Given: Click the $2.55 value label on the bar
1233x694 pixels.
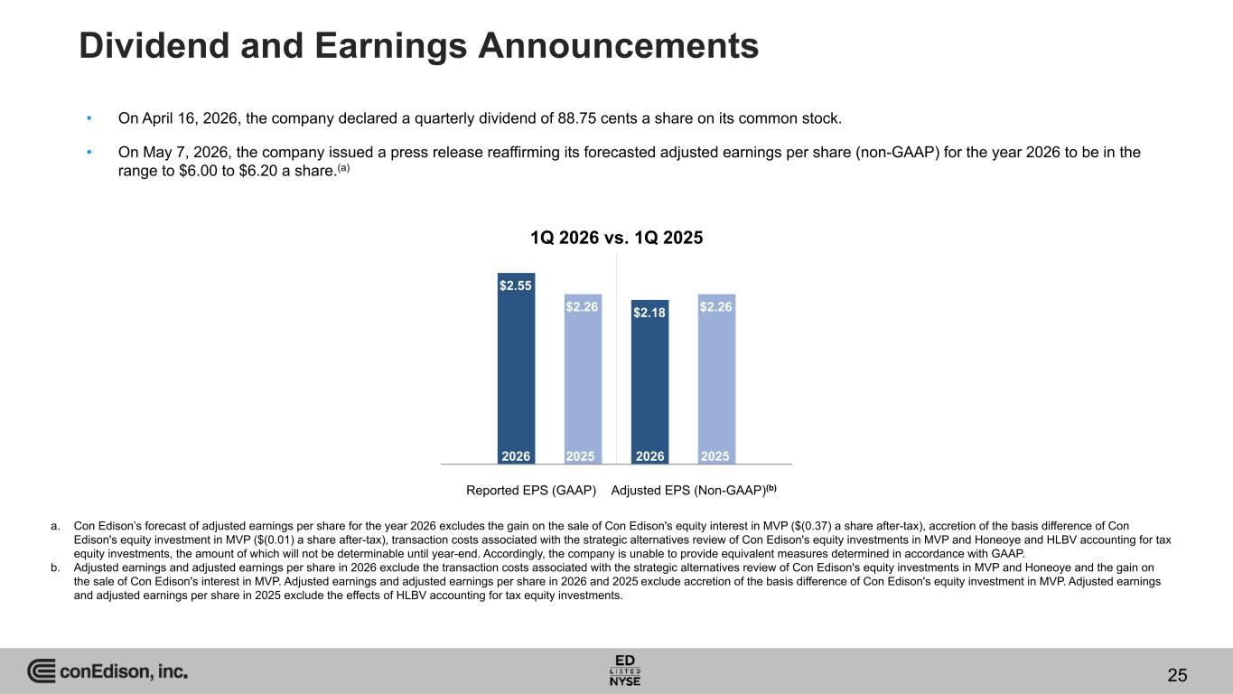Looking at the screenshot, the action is pos(515,286).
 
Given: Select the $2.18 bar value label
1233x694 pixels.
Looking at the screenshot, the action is pos(649,313).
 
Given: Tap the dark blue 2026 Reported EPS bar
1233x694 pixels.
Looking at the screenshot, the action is pos(516,369).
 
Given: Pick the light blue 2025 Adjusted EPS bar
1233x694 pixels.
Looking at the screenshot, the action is pos(716,379).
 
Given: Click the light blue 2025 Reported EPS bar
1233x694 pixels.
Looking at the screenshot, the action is pos(583,379).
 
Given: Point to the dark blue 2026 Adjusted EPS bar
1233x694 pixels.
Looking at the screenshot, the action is pos(650,382).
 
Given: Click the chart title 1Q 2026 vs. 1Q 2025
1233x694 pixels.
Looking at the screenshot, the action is pos(616,238).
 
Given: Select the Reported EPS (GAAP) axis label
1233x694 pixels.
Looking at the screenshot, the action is pos(531,490).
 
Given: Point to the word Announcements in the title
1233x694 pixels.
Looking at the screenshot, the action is pos(618,45).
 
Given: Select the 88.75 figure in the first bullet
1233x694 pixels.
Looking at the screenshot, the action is pos(577,118).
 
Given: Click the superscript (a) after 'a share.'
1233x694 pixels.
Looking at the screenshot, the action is pos(343,167).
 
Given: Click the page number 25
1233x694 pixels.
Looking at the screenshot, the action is pos(1177,675).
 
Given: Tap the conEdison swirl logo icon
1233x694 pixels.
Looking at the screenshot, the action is pos(42,671).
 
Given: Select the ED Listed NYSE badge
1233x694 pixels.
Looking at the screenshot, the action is pos(625,671).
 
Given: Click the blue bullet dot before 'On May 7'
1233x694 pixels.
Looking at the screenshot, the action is pos(89,152).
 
